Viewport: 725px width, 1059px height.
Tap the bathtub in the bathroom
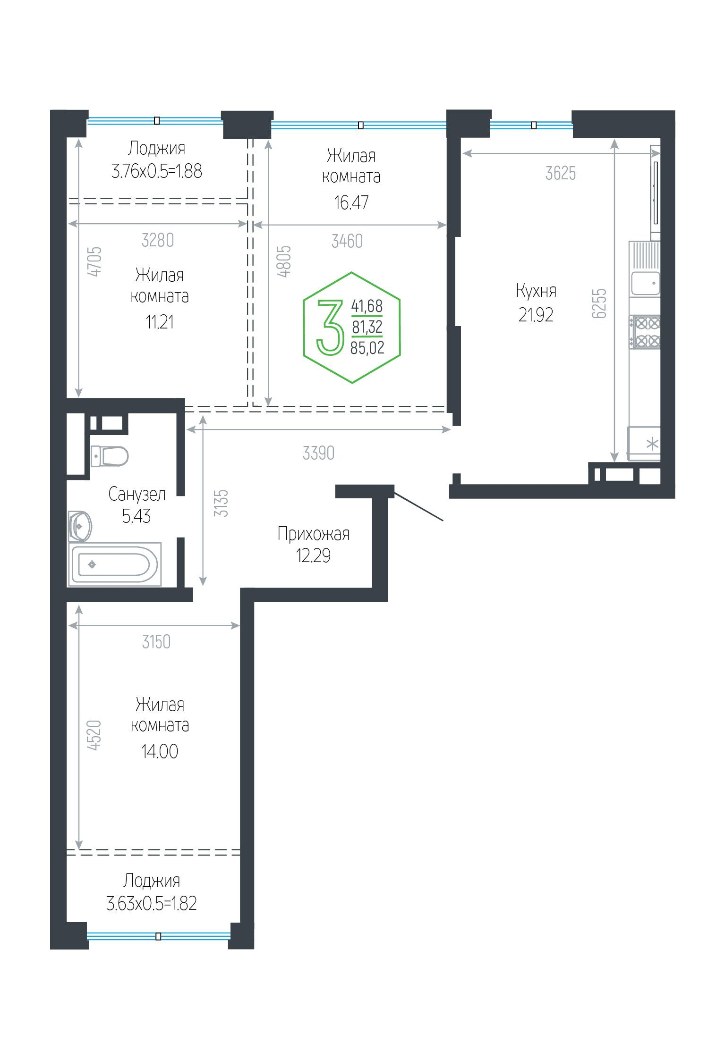[x=115, y=564]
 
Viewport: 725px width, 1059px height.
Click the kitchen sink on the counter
[x=645, y=283]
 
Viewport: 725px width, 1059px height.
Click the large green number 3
[x=330, y=327]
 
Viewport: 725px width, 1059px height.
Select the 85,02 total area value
[x=367, y=348]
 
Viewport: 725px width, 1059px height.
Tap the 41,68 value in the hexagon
[x=367, y=306]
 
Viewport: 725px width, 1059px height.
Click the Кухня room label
[x=536, y=291]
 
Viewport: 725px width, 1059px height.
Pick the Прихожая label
[x=313, y=534]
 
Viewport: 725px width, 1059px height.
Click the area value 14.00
[x=160, y=751]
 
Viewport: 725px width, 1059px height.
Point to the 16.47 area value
[x=351, y=202]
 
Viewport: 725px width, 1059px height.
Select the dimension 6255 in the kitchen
[x=599, y=303]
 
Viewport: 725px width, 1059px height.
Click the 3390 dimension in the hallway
[x=318, y=453]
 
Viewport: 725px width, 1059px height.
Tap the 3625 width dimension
[x=561, y=174]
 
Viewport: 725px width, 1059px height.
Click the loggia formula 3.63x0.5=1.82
[x=152, y=903]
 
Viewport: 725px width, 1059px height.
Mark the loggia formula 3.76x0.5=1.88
[x=157, y=171]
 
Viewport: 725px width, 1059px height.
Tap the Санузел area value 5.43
[x=136, y=516]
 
